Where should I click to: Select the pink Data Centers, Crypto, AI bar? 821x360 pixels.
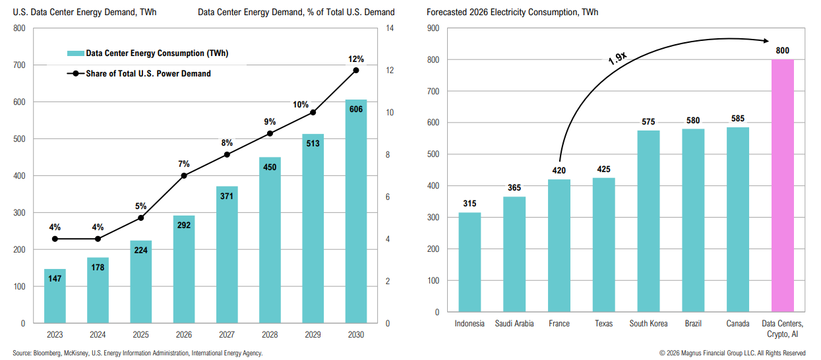(x=782, y=185)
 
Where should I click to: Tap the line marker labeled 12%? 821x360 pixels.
(x=356, y=70)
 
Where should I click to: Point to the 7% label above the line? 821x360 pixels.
(x=183, y=164)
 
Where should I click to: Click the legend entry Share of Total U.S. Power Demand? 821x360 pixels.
(x=148, y=74)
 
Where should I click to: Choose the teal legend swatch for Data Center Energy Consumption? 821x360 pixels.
(x=75, y=53)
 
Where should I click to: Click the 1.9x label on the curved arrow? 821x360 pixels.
(x=617, y=58)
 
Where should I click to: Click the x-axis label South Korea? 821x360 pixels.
(x=648, y=324)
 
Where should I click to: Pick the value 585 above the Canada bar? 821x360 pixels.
(x=737, y=119)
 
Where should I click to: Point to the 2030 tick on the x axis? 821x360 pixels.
(x=355, y=335)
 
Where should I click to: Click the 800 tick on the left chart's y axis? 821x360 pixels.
(x=19, y=28)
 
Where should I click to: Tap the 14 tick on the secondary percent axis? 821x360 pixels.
(x=390, y=28)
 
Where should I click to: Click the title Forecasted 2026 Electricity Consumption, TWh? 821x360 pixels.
(x=512, y=12)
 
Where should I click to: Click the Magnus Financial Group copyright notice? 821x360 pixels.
(x=732, y=353)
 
